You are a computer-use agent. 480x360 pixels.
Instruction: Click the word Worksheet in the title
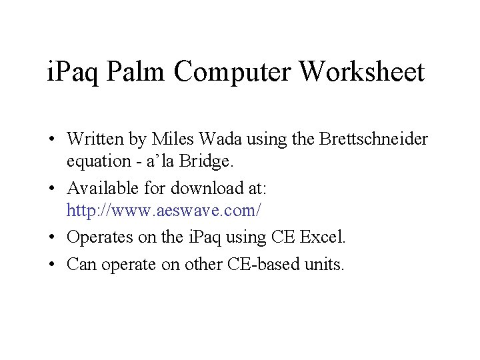pyautogui.click(x=363, y=72)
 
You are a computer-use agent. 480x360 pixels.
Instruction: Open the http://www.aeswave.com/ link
pyautogui.click(x=164, y=211)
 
